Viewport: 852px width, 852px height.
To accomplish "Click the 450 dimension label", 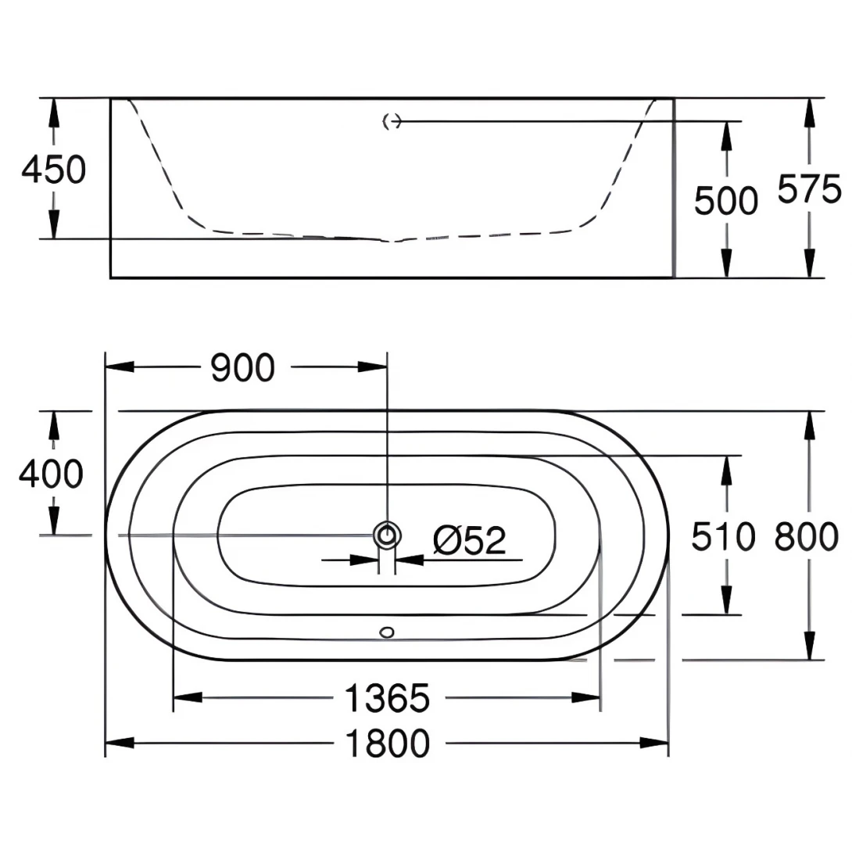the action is (54, 169).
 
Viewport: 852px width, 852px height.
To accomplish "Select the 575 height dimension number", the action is (809, 189).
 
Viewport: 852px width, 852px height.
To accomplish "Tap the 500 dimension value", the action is (726, 201).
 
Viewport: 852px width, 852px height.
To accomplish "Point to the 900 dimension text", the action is (242, 367).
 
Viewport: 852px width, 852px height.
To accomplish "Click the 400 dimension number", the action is (51, 474).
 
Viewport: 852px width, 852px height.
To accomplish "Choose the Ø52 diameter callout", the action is (470, 540).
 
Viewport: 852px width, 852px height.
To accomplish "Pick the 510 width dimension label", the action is (723, 537).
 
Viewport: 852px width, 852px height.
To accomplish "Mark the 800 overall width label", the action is (807, 537).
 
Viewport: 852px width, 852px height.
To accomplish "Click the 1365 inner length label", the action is (388, 698).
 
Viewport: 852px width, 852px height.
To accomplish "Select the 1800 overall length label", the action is (388, 743).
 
